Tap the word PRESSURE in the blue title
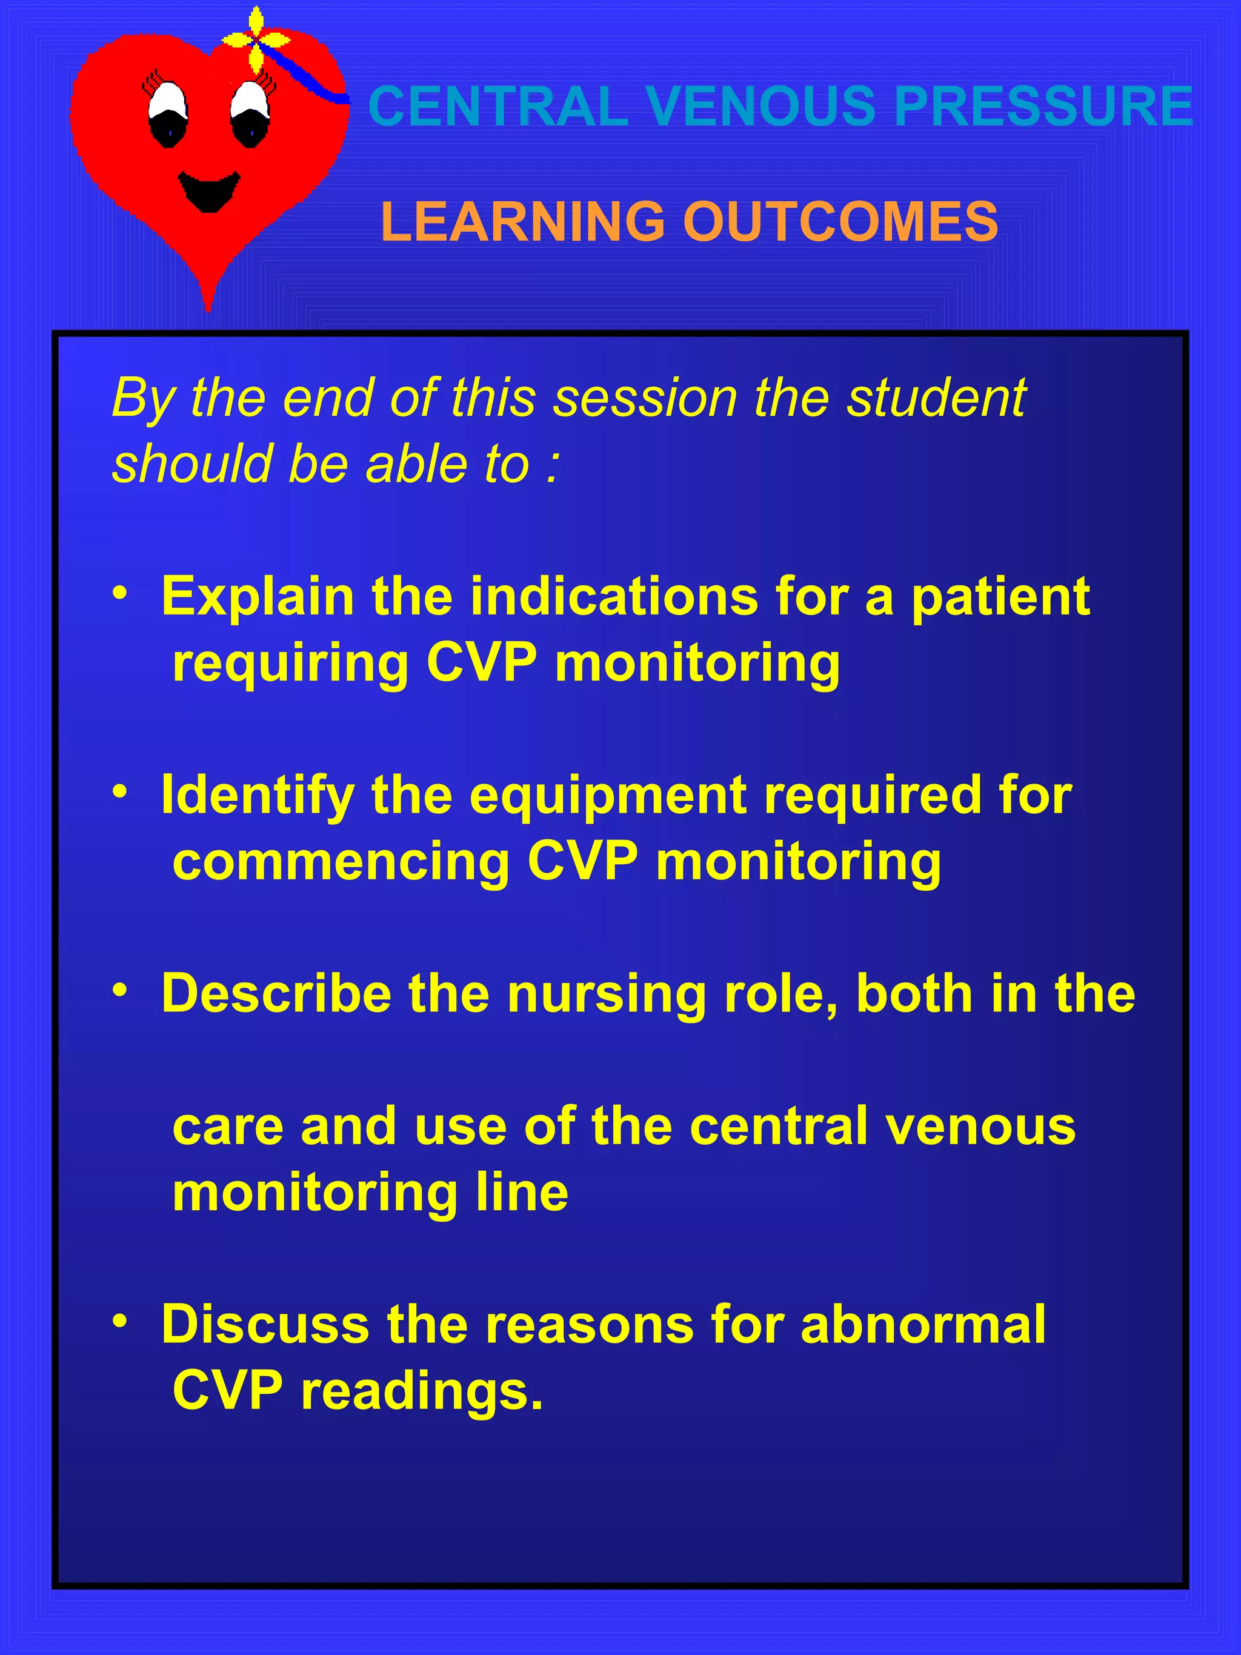point(1043,105)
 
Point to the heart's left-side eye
point(168,115)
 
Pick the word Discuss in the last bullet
point(265,1324)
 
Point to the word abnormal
point(922,1324)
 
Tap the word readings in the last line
point(421,1391)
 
